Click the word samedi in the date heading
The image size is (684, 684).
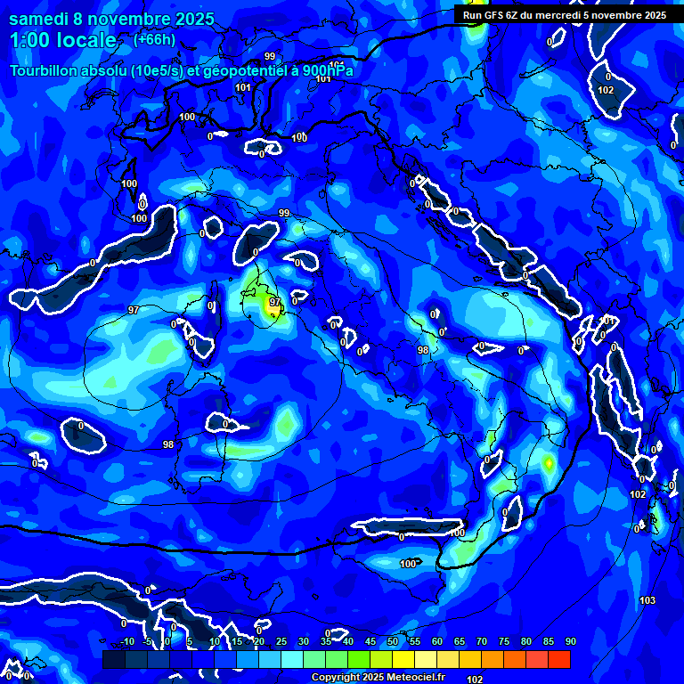pyautogui.click(x=41, y=19)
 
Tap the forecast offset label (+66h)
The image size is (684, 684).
pyautogui.click(x=153, y=39)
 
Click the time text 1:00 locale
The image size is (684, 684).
pyautogui.click(x=62, y=40)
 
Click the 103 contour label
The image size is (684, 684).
pyautogui.click(x=647, y=600)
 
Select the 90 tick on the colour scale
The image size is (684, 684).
pyautogui.click(x=570, y=642)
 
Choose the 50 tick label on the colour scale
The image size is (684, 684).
pyautogui.click(x=393, y=642)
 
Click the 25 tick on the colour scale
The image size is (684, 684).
pyautogui.click(x=281, y=642)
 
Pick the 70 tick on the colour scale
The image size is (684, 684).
pyautogui.click(x=482, y=642)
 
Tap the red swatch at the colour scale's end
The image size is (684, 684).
pyautogui.click(x=559, y=659)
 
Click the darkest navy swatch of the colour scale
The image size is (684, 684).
pyautogui.click(x=114, y=659)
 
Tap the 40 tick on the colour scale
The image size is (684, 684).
pyautogui.click(x=348, y=642)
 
